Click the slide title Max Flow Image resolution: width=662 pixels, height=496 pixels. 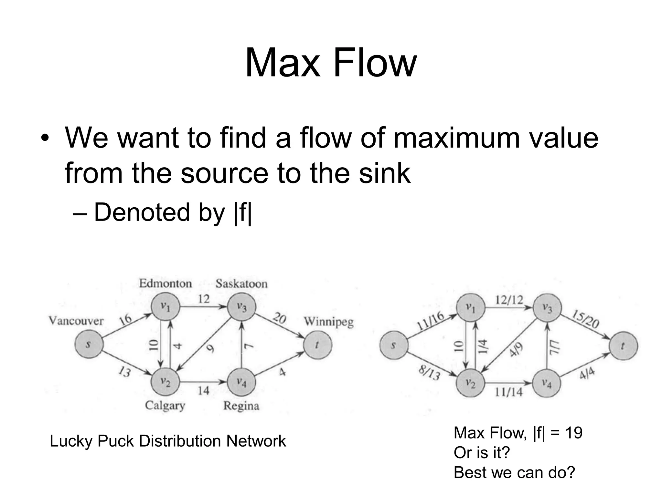(x=331, y=63)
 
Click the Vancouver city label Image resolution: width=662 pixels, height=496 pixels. (x=76, y=321)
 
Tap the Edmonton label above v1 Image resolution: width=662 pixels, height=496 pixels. (x=165, y=284)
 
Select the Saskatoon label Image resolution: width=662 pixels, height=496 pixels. (x=241, y=284)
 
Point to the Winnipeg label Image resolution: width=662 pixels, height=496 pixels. (x=329, y=322)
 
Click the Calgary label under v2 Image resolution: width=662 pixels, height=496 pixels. (x=165, y=405)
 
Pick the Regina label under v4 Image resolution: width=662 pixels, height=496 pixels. (x=241, y=406)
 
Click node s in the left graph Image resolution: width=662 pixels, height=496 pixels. (x=89, y=345)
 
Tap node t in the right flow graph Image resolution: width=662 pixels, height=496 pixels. (x=623, y=346)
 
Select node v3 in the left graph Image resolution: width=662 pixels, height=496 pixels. (x=241, y=307)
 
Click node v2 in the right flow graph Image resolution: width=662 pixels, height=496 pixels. (x=470, y=383)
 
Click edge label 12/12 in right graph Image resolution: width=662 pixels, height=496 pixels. (x=509, y=300)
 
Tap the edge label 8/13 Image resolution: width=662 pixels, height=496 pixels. (x=429, y=373)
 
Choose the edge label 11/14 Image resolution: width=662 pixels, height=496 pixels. (x=509, y=392)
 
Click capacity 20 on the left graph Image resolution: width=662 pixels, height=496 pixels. (x=279, y=318)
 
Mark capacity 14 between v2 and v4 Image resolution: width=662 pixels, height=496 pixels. (x=204, y=391)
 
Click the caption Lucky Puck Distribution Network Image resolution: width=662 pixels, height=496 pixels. (x=168, y=441)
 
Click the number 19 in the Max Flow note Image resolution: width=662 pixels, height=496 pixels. (x=574, y=433)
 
